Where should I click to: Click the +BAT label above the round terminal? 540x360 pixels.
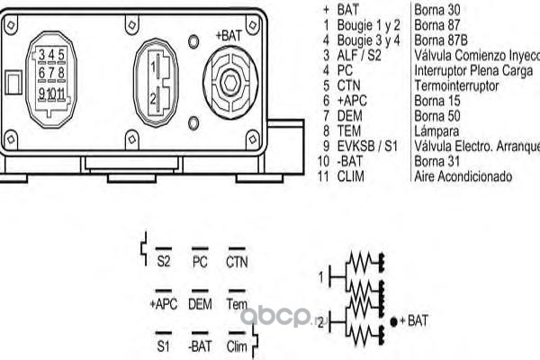[229, 35]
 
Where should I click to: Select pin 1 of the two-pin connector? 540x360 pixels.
[156, 66]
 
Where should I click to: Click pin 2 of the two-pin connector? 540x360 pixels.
[156, 97]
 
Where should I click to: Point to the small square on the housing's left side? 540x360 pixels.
[11, 82]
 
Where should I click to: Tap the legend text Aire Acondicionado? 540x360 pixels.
[463, 177]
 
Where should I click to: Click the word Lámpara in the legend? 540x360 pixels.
[437, 131]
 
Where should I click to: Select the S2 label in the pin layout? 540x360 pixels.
[164, 264]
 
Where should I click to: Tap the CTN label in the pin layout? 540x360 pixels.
[237, 264]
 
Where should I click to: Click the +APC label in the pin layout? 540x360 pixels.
[163, 304]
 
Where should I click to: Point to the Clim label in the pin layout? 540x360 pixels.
[237, 345]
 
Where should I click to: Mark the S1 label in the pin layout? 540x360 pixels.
[164, 345]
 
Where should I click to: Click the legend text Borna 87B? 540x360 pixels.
[441, 40]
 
